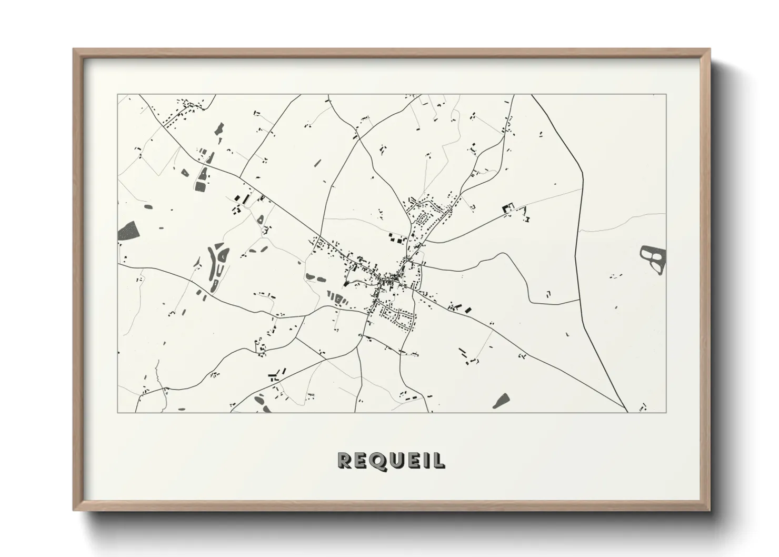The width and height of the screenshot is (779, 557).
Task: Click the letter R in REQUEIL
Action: (x=345, y=461)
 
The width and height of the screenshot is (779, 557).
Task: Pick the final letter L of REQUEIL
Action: (x=438, y=461)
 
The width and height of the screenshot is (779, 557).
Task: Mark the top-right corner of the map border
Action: (x=666, y=95)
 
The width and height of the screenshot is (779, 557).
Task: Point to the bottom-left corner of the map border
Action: (x=118, y=412)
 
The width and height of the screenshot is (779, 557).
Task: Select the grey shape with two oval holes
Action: (x=653, y=260)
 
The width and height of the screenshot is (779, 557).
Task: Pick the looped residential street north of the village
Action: (x=424, y=218)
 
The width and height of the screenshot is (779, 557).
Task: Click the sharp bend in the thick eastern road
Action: (x=583, y=174)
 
